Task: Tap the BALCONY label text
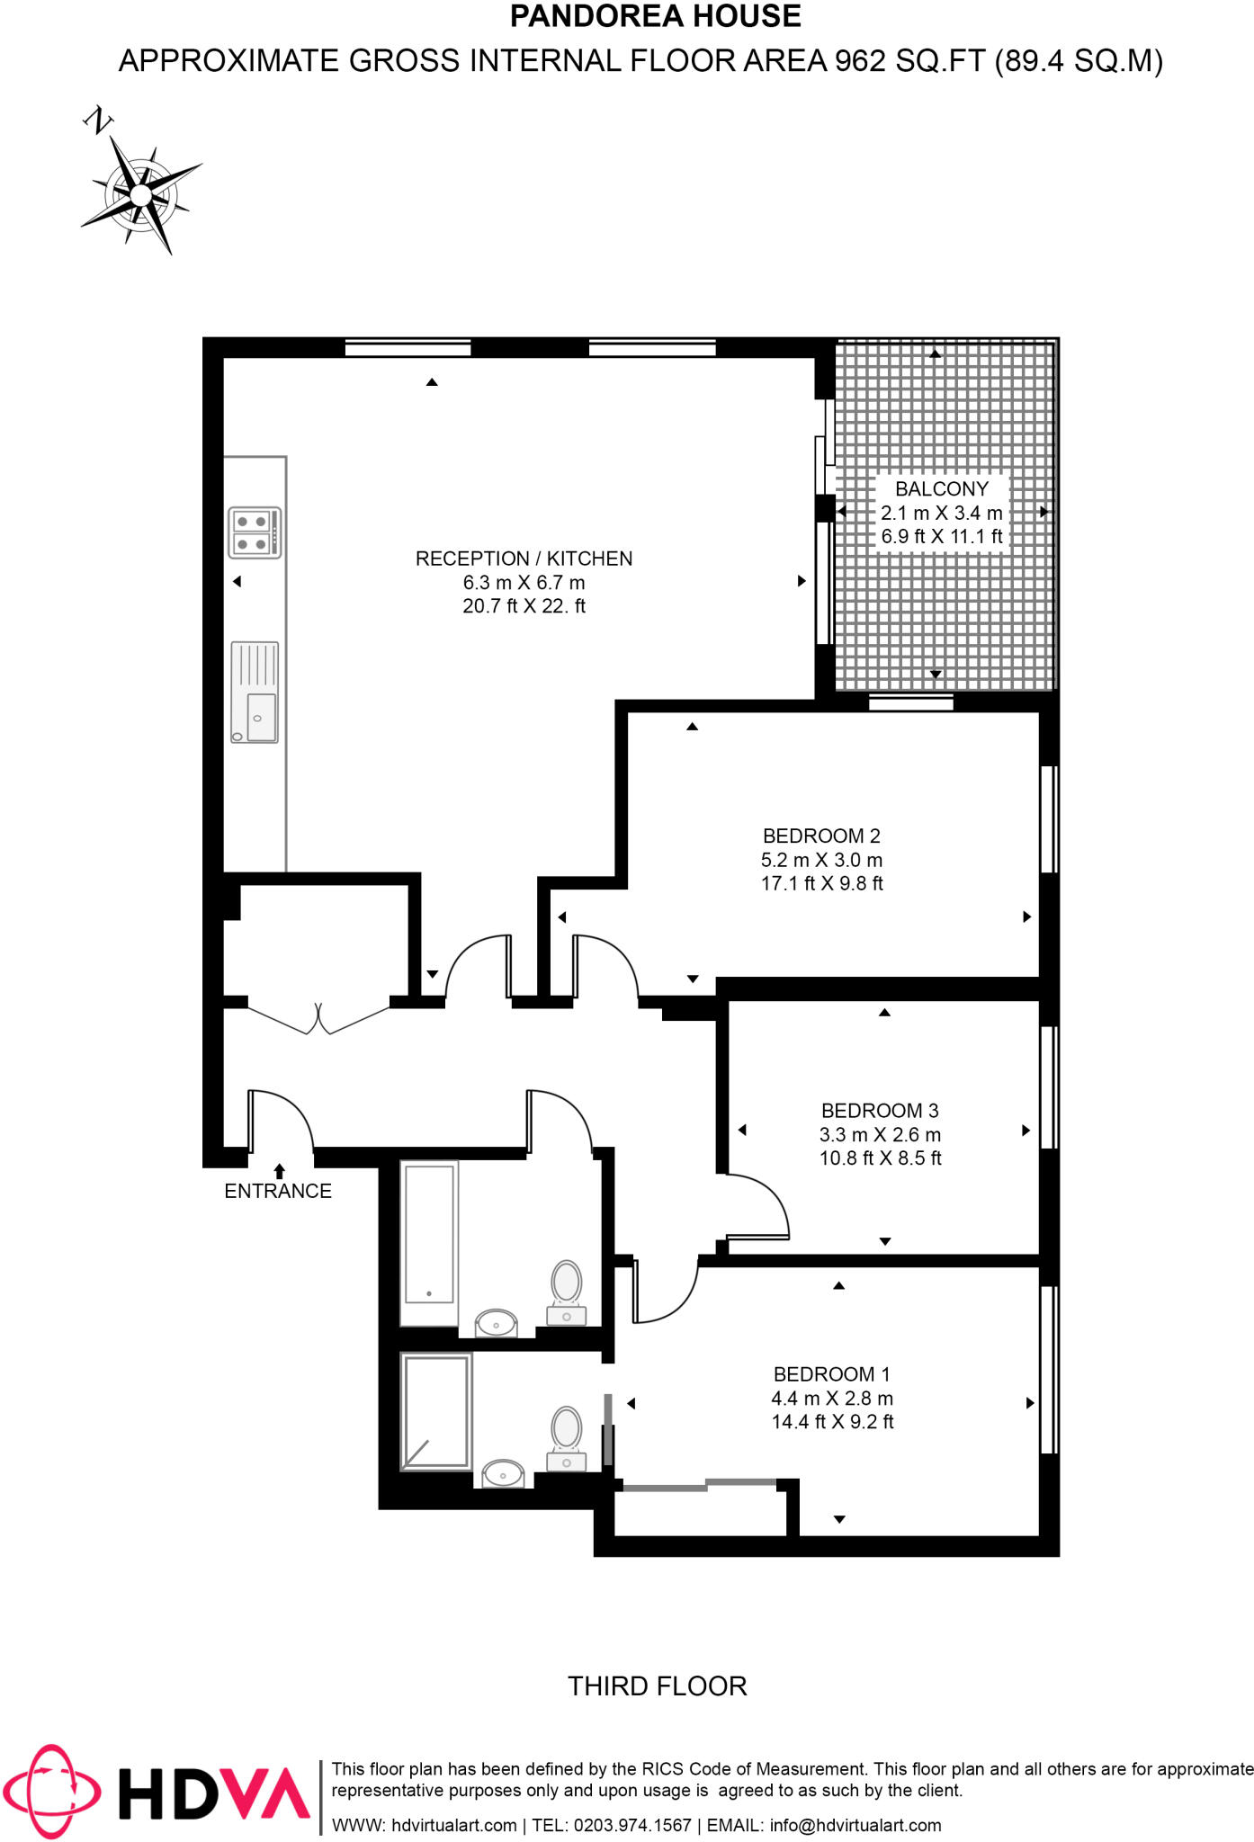(941, 489)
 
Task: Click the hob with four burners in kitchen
(254, 532)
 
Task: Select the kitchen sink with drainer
(255, 692)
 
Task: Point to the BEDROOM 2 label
(820, 836)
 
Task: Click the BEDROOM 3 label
(879, 1111)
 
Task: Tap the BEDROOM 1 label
(831, 1374)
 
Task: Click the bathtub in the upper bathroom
(429, 1243)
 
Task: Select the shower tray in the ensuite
(436, 1412)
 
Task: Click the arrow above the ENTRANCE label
(279, 1171)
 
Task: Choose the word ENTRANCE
(278, 1192)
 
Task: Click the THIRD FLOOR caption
(657, 1686)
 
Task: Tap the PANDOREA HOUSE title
(655, 16)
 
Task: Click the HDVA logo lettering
(214, 1793)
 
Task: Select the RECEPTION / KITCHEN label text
(524, 559)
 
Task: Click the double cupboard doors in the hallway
(318, 1018)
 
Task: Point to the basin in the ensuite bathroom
(504, 1474)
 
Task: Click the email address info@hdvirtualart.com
(855, 1825)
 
